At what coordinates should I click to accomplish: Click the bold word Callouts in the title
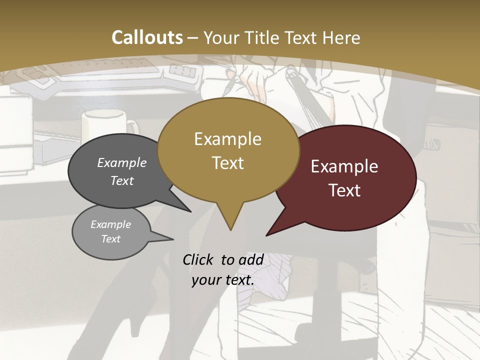(147, 37)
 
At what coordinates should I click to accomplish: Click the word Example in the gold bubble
(227, 139)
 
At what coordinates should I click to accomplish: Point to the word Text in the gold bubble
(228, 162)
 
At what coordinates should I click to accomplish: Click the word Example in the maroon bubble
(344, 166)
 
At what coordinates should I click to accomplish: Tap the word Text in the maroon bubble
(345, 190)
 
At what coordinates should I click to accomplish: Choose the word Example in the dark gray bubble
(122, 162)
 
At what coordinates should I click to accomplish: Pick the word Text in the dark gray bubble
(122, 180)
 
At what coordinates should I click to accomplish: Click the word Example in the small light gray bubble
(111, 224)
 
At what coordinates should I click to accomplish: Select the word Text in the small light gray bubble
(111, 239)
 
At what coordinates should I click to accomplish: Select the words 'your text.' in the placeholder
(223, 280)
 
